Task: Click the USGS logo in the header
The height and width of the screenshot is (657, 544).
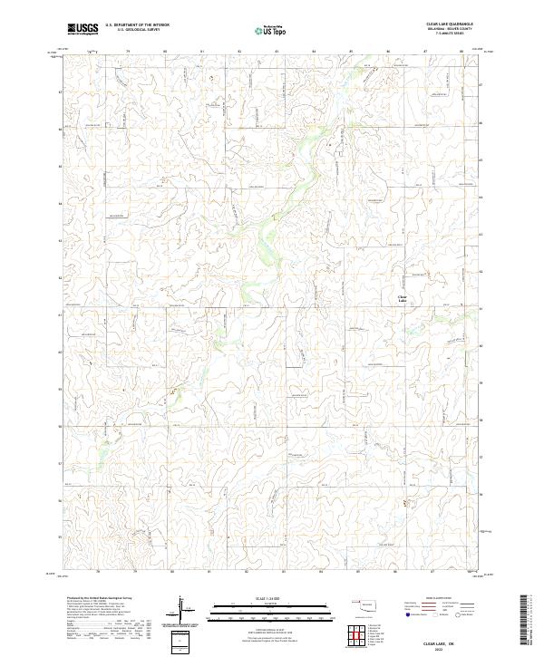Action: pyautogui.click(x=83, y=29)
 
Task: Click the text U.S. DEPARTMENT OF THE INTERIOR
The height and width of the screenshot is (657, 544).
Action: pyautogui.click(x=137, y=25)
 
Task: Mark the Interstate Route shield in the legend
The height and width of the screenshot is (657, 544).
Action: pyautogui.click(x=409, y=614)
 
